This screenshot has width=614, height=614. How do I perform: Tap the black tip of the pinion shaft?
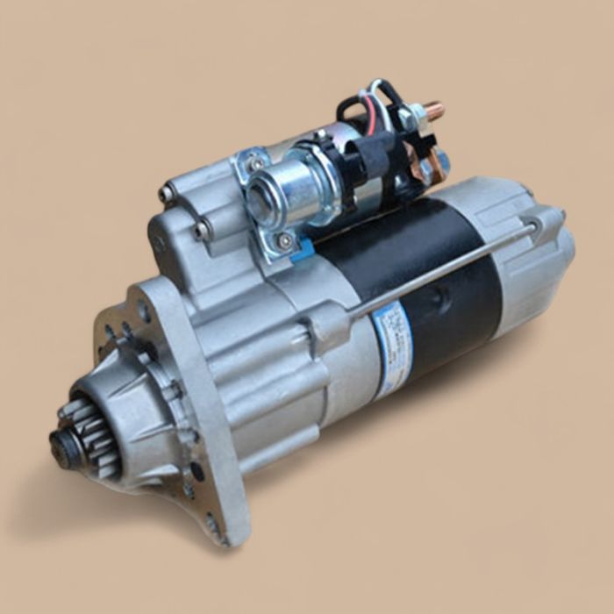tap(62, 443)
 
